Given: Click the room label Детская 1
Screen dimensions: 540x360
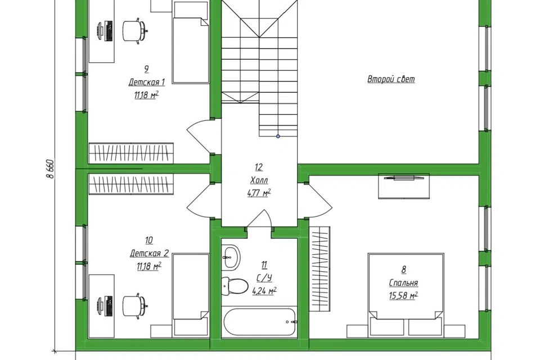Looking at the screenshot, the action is click(x=146, y=82).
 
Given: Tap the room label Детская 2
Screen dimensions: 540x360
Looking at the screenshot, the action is click(x=149, y=254).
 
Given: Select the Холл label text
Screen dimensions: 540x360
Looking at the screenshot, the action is click(x=259, y=180).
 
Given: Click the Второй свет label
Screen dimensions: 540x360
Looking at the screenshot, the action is click(x=391, y=79).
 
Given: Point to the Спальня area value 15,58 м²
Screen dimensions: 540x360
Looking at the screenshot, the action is click(x=403, y=295).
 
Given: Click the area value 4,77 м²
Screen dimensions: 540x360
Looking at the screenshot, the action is click(x=259, y=193).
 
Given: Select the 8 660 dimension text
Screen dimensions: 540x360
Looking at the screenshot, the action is click(x=50, y=169).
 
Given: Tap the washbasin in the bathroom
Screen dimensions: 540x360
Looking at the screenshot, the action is click(x=230, y=257).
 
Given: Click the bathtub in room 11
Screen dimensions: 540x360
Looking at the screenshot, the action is click(x=259, y=322).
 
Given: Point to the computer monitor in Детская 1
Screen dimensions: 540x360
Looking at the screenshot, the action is click(x=105, y=31).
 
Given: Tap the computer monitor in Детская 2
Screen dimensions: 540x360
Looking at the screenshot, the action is click(x=105, y=306).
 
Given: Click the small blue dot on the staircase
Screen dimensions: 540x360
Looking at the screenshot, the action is click(x=278, y=137).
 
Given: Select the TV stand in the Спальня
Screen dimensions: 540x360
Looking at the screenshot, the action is click(x=404, y=186).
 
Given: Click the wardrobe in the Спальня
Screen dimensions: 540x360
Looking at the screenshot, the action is click(x=320, y=269).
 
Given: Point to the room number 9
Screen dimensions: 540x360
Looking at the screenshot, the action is click(x=146, y=69).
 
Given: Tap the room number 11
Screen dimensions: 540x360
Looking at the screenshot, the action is click(x=264, y=264).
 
